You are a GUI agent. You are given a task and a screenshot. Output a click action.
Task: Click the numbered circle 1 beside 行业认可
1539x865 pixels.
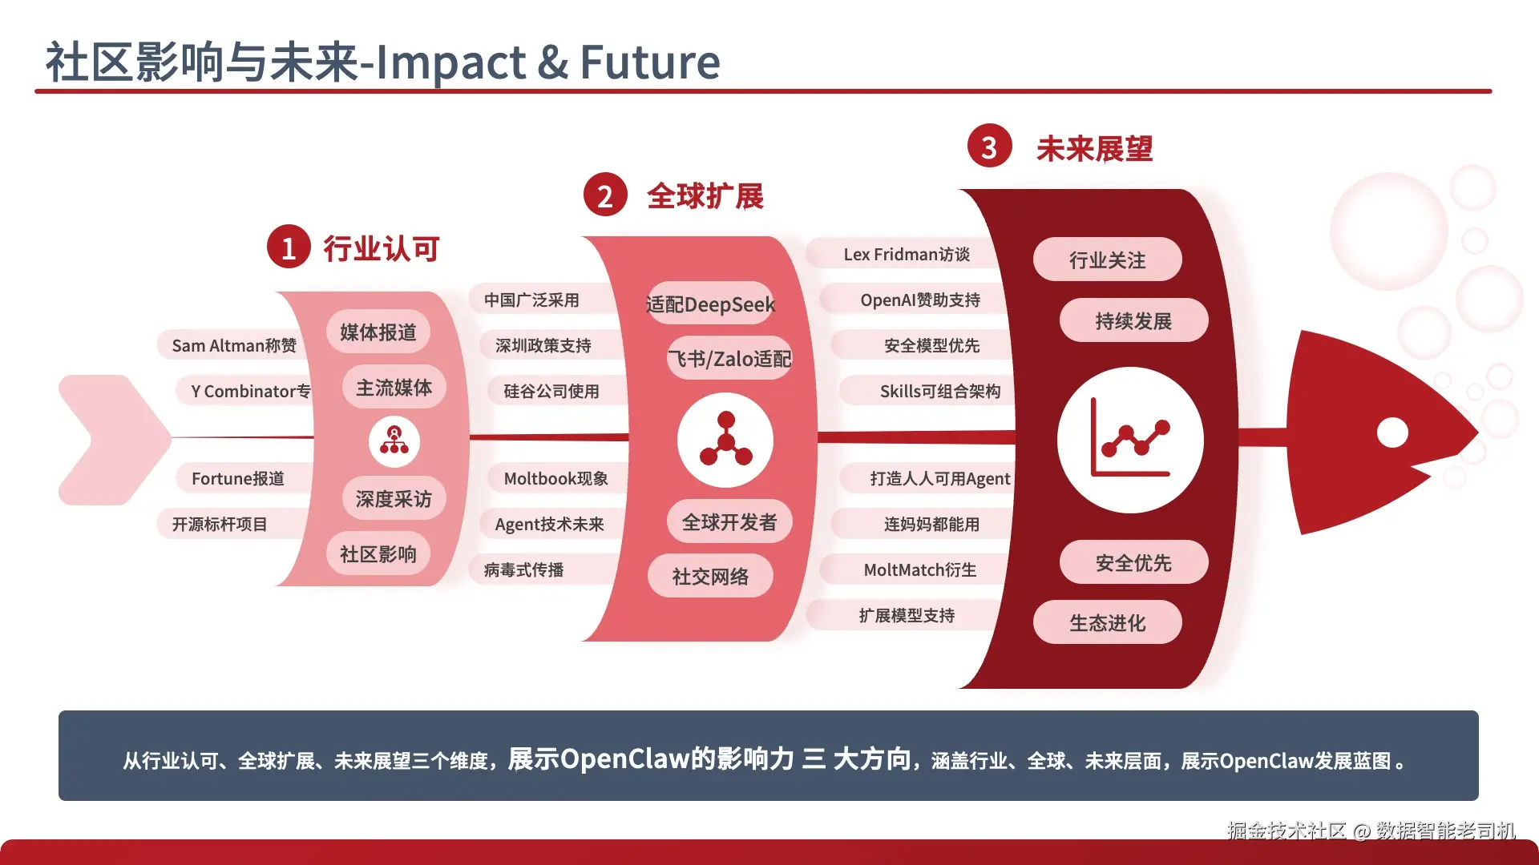[289, 247]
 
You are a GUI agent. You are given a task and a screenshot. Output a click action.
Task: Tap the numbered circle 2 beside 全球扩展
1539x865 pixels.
[605, 195]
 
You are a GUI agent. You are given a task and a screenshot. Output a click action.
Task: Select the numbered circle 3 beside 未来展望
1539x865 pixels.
[989, 146]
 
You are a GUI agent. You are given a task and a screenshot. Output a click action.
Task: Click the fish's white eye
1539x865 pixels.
[1392, 432]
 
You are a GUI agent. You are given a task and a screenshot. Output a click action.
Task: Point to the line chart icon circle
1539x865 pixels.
[1130, 440]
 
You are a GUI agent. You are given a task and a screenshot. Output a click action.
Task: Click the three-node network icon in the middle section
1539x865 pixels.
[725, 440]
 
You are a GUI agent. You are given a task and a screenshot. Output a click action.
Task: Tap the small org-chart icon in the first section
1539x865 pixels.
[394, 441]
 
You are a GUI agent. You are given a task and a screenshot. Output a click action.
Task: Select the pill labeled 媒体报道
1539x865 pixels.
[378, 332]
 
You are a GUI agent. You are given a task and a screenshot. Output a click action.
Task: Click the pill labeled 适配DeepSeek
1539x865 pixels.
[710, 304]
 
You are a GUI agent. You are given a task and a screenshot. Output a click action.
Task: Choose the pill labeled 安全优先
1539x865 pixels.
[1133, 562]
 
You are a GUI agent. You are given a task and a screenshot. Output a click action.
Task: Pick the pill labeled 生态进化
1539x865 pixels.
[1107, 622]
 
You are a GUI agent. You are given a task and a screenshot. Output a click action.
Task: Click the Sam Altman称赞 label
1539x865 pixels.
[234, 345]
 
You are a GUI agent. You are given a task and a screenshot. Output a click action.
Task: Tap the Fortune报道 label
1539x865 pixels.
[238, 478]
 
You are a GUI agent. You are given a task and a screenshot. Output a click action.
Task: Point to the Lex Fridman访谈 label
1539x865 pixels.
[907, 254]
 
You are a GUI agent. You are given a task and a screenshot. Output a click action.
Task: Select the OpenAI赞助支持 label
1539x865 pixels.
[920, 300]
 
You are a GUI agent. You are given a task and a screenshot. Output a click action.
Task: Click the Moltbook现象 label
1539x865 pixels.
[555, 478]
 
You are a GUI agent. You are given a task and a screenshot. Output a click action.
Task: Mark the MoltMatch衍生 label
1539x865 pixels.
[920, 569]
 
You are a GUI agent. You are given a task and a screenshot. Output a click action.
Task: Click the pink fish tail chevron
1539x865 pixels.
[115, 440]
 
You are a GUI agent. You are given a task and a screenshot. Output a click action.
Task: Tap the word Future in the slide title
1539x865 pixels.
[650, 62]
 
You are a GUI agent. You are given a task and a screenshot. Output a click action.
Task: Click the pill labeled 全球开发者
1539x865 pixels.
[729, 522]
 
